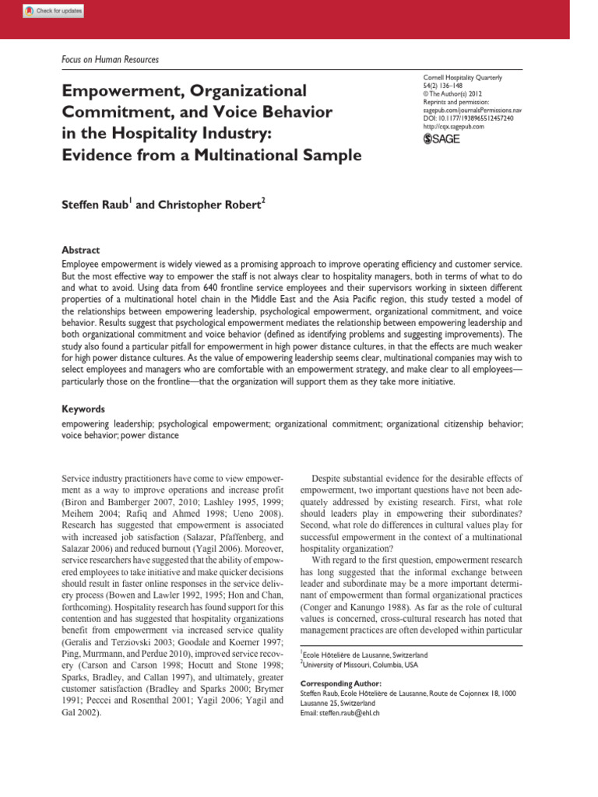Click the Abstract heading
click(x=80, y=251)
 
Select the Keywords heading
click(x=83, y=408)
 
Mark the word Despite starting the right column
click(x=330, y=477)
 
